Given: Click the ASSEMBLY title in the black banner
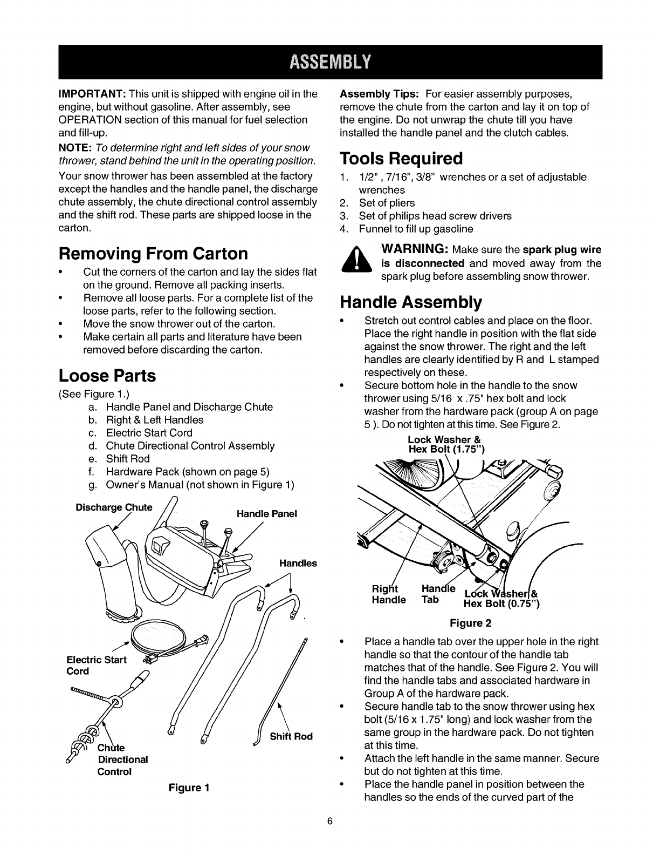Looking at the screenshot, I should click(x=329, y=62).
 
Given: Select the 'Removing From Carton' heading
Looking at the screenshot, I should click(x=153, y=253).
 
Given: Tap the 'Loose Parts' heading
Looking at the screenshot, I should click(x=107, y=376).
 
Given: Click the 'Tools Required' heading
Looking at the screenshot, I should click(x=401, y=159).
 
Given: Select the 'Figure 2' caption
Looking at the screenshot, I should click(x=471, y=623).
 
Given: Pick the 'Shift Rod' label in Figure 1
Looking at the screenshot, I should click(x=291, y=736).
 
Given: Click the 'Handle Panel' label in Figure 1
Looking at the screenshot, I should click(x=266, y=514).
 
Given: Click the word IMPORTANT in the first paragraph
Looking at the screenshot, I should click(x=92, y=93).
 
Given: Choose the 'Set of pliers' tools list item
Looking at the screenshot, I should click(x=387, y=203).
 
